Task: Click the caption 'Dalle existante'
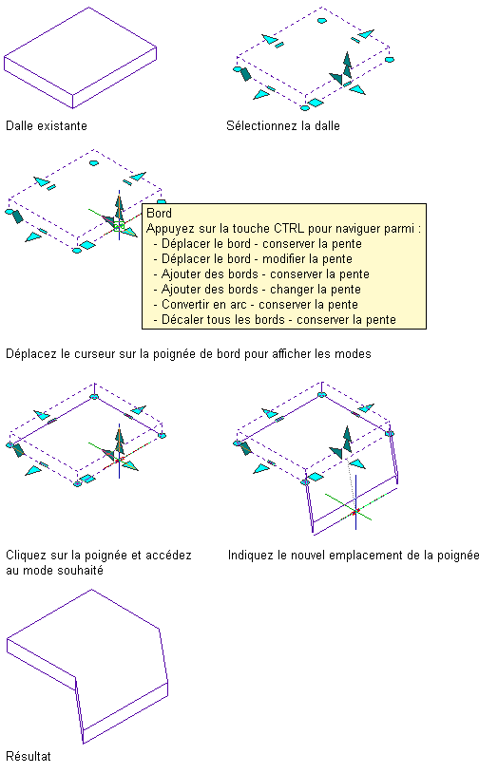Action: [47, 125]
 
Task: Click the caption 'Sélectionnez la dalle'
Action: [283, 125]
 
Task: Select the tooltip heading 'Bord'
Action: [160, 213]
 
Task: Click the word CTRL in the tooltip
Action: [289, 228]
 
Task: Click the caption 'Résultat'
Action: [29, 756]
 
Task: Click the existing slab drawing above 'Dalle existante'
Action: [81, 57]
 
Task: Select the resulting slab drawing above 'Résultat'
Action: [87, 666]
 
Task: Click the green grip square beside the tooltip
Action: [119, 226]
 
